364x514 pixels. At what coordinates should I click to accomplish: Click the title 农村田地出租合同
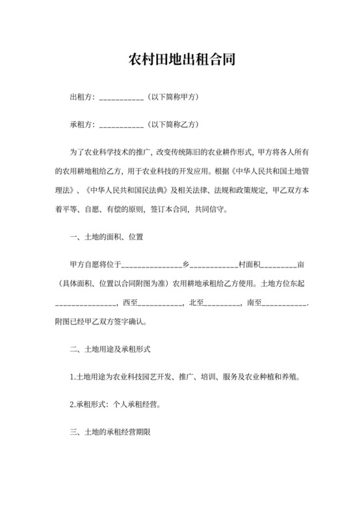point(182,61)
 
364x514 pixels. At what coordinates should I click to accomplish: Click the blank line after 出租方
point(121,98)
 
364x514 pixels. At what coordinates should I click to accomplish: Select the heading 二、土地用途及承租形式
point(110,349)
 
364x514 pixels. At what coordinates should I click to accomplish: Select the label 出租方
point(82,97)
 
